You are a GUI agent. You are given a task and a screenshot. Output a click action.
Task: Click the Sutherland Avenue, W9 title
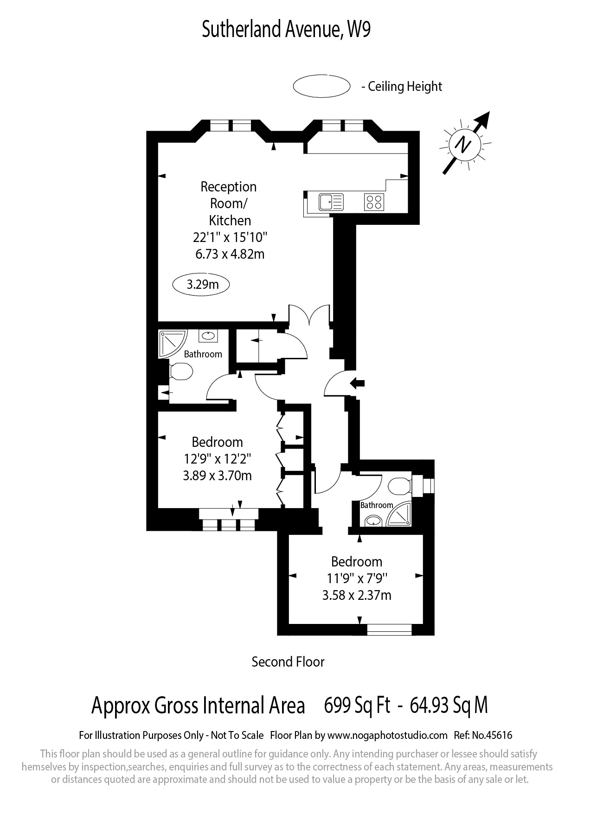286,30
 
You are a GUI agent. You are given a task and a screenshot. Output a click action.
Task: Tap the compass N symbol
462,144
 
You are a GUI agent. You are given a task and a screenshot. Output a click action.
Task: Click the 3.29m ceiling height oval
202,284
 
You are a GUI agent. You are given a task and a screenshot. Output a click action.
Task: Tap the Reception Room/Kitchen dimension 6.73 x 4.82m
230,254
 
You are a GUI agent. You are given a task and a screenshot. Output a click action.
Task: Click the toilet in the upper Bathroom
181,371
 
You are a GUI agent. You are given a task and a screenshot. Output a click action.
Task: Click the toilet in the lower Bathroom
399,486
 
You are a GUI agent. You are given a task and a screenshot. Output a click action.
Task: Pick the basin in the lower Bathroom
372,521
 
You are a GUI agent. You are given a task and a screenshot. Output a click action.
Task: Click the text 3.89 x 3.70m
217,476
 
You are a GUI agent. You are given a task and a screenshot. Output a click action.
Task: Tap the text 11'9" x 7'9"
357,579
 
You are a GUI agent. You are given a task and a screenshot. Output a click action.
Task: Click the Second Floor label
288,662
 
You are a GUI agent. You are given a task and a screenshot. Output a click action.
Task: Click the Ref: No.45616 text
485,735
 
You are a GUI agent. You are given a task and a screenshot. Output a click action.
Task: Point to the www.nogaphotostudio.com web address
387,735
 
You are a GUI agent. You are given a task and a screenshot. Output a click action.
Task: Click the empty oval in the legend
321,86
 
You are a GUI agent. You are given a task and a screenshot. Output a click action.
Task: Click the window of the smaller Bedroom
389,630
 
